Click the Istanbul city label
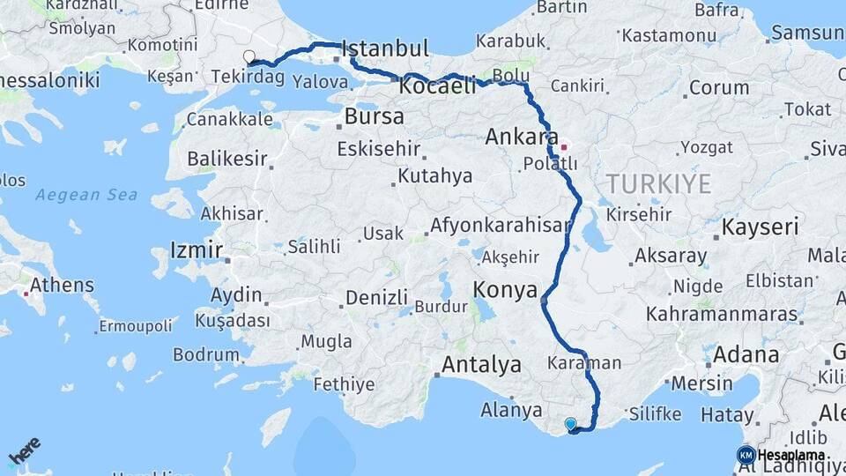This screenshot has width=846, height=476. coord(385,48)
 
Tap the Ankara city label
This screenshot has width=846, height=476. coord(519,138)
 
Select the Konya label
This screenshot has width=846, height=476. coord(505,289)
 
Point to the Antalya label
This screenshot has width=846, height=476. coord(481,364)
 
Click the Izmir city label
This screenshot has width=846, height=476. coord(197,249)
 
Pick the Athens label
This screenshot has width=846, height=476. coord(62,286)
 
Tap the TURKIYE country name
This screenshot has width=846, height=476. coord(657,183)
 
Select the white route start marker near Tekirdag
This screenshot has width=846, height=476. coord(249,56)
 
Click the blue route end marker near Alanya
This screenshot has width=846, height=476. coord(571,424)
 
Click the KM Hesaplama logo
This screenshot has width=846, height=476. coord(781,455)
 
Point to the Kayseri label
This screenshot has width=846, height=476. coord(760,227)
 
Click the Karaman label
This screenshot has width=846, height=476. coord(584,363)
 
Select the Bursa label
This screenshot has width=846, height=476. coord(375,116)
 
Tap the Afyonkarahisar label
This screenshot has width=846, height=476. coord(500,226)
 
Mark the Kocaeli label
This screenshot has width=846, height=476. coord(437,86)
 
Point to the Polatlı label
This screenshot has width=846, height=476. coord(550,164)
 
